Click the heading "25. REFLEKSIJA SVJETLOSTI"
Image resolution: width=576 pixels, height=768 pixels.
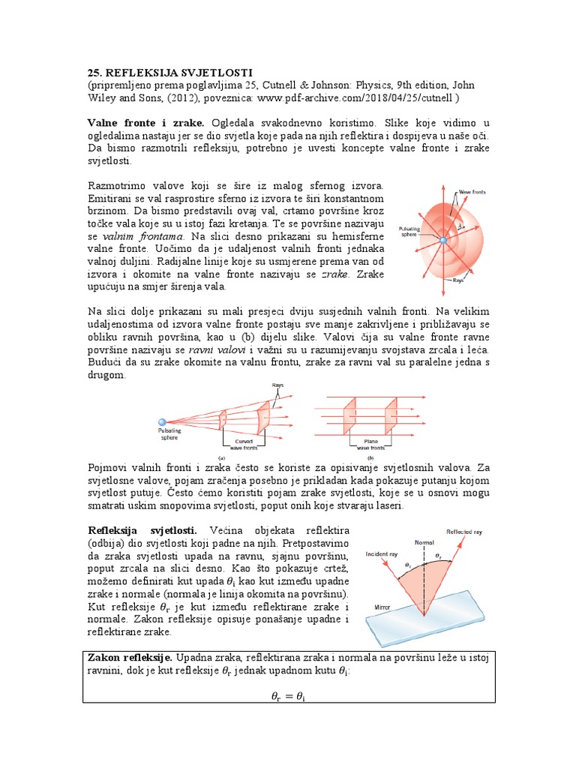158,72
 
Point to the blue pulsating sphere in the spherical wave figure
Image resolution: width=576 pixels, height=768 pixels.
443,240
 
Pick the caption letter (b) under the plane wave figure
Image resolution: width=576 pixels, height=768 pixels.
370,457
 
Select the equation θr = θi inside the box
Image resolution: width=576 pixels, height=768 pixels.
287,697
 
